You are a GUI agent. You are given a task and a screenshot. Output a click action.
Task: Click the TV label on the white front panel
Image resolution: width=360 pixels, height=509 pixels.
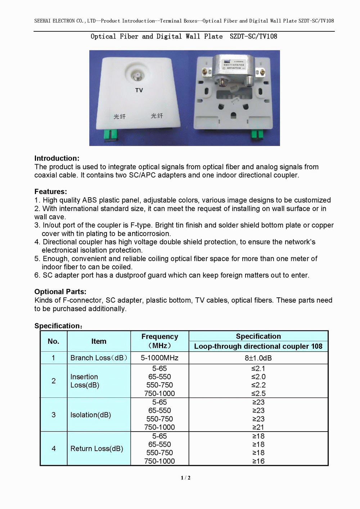pos(139,90)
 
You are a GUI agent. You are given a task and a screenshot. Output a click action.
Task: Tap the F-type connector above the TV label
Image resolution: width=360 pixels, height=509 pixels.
pos(136,76)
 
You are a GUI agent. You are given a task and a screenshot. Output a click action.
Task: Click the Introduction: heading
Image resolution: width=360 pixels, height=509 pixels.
pos(57,158)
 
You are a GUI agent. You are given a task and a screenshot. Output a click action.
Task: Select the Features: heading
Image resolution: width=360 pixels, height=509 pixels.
pos(51,192)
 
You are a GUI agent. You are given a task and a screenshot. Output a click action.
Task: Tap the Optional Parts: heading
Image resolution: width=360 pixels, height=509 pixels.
pos(60,292)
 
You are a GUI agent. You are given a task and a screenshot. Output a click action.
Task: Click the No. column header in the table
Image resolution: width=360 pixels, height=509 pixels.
pos(54,341)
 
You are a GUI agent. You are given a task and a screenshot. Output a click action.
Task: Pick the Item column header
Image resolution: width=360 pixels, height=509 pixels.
pos(99,341)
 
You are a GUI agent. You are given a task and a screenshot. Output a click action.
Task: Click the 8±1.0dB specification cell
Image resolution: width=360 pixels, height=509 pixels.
pos(258,358)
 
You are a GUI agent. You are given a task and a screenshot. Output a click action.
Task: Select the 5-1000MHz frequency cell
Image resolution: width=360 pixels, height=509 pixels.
pos(159,358)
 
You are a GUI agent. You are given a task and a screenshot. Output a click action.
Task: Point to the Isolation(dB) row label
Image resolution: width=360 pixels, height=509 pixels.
pos(91,415)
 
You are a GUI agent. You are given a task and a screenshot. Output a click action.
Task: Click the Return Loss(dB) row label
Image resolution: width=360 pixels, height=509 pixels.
pos(96,449)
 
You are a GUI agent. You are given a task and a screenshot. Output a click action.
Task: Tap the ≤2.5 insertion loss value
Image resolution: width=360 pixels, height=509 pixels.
pos(258,393)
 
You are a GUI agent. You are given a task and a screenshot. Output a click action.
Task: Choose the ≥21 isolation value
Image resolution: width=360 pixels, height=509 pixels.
pos(258,427)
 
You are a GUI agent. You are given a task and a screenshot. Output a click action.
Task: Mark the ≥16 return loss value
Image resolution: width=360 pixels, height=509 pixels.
pos(258,461)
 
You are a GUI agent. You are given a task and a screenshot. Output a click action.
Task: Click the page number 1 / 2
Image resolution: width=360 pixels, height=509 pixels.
pos(185,478)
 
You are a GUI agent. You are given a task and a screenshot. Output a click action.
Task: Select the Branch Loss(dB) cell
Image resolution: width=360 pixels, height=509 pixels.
pos(99,358)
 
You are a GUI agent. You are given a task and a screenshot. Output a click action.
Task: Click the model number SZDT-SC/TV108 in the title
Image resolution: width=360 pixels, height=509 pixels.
pos(253,36)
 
